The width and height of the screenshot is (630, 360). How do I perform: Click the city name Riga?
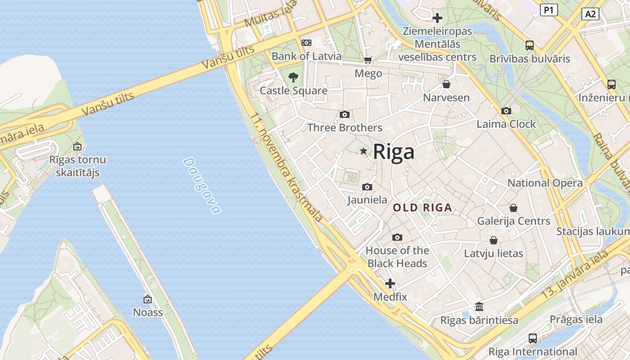[x=394, y=152]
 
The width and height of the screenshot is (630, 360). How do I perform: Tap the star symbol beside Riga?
[x=364, y=151]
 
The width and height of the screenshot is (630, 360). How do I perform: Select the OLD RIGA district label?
[x=422, y=208]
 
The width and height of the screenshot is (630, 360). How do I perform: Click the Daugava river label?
[x=202, y=185]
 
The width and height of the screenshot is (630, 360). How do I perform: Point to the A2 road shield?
[x=590, y=14]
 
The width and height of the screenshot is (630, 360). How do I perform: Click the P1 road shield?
[x=549, y=10]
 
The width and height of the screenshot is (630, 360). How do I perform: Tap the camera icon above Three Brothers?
[x=345, y=115]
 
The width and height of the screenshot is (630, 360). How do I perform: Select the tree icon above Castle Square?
[x=293, y=77]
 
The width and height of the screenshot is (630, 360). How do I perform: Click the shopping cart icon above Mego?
[x=368, y=60]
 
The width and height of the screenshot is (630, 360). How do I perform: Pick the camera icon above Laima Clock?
[x=506, y=111]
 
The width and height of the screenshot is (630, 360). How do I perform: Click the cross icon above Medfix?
[x=390, y=284]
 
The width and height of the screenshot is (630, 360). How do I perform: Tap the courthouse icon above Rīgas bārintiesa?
[x=479, y=307]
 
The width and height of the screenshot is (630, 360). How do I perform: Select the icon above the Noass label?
[x=148, y=299]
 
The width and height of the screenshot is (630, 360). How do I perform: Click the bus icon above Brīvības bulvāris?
[x=530, y=45]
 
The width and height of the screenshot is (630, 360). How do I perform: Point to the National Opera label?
[x=545, y=183]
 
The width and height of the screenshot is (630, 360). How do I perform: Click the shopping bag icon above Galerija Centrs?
[x=513, y=208]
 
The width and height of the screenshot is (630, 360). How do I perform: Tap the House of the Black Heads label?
[x=397, y=257]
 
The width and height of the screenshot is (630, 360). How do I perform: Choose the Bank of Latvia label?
[x=306, y=56]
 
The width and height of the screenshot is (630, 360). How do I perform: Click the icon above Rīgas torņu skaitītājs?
[x=77, y=147]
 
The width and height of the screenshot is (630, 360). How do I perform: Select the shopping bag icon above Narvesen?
[x=446, y=84]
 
